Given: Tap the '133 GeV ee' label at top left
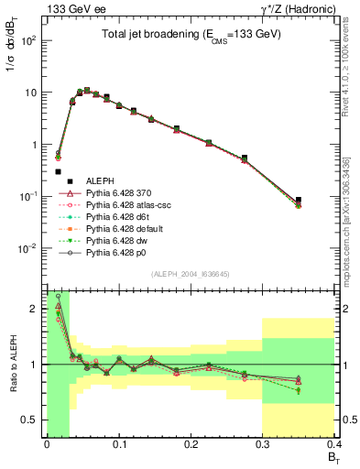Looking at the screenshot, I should [x=69, y=9].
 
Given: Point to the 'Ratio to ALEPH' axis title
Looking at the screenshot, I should [x=13, y=365].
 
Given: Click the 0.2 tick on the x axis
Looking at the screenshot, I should [x=190, y=445].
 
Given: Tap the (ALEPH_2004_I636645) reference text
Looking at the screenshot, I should [x=190, y=276].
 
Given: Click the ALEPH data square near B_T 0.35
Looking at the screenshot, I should [x=298, y=200].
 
